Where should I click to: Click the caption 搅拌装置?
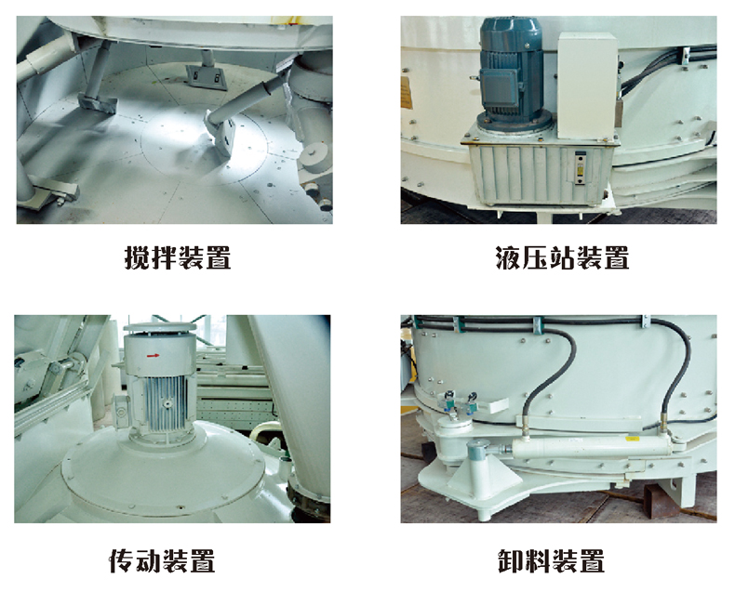tap(178, 257)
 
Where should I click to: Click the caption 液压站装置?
tap(562, 257)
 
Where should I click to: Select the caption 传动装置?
tap(162, 560)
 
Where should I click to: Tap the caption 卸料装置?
tap(551, 560)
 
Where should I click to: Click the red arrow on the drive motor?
tap(154, 356)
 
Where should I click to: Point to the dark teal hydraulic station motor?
tap(511, 75)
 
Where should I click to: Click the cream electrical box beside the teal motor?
tap(586, 86)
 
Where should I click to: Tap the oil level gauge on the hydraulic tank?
tap(581, 167)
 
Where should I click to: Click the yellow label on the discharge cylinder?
tap(634, 439)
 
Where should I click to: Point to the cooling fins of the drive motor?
tap(166, 402)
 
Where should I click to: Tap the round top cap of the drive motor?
tap(159, 327)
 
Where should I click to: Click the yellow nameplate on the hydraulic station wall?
tap(407, 93)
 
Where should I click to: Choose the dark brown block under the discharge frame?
tap(661, 502)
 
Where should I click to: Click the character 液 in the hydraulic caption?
tap(508, 257)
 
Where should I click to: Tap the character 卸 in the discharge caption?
tap(510, 560)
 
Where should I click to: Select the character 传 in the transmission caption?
tap(122, 560)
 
